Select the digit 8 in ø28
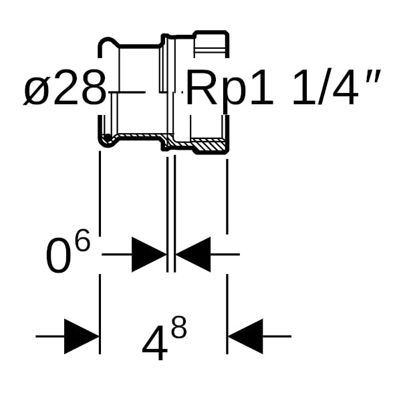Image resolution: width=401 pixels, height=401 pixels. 92,90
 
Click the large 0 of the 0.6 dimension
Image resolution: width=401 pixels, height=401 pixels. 58,257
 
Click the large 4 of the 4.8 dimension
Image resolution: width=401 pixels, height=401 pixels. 154,344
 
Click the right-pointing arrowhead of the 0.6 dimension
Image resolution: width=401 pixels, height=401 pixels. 148,254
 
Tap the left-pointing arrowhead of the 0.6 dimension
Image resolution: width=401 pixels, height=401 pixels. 193,254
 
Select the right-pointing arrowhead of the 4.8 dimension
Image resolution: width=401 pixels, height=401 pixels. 81,336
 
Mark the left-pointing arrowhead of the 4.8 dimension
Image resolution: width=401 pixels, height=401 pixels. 245,336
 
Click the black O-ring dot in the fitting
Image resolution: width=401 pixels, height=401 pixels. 107,139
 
